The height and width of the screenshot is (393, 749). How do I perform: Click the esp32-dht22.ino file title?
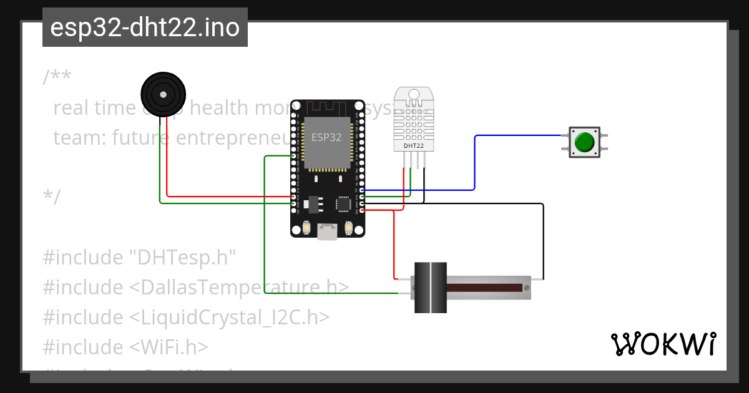(x=145, y=28)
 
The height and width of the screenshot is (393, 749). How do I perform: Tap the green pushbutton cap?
(x=584, y=142)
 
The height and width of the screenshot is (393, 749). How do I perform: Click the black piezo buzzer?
(x=163, y=94)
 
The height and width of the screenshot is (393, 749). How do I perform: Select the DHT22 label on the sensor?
(x=414, y=146)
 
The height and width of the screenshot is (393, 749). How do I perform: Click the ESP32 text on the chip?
(x=326, y=138)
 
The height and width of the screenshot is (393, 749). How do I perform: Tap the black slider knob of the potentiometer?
(x=431, y=288)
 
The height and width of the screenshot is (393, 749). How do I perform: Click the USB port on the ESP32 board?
(x=328, y=232)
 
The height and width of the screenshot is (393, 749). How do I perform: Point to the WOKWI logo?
(x=662, y=344)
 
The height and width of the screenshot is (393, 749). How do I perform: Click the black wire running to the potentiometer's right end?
(x=543, y=243)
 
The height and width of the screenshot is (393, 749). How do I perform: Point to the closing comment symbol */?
(x=52, y=197)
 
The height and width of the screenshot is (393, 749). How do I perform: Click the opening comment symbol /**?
(x=57, y=78)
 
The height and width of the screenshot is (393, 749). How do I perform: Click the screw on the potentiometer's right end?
(x=527, y=288)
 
